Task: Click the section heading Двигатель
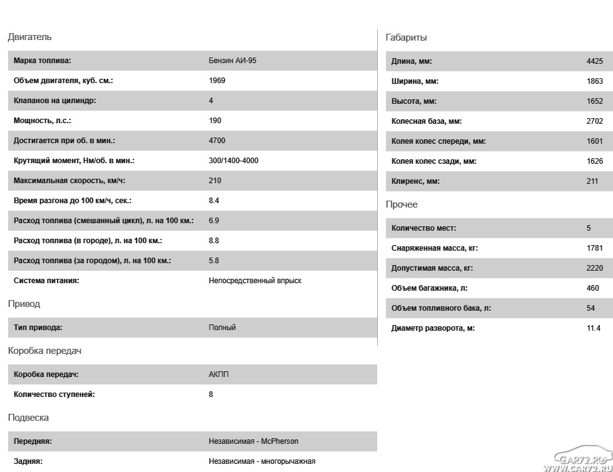[29, 38]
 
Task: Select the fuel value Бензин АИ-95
[233, 61]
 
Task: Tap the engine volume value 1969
[217, 81]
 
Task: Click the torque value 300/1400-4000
[233, 161]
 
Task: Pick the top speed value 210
[215, 181]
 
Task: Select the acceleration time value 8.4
[214, 201]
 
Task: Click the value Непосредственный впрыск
[255, 281]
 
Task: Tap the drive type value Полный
[222, 328]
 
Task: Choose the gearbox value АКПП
[219, 374]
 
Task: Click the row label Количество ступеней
[54, 394]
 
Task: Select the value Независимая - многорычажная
[262, 461]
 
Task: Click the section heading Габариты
[407, 38]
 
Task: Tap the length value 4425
[594, 61]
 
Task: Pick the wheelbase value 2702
[594, 121]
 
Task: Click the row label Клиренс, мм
[415, 181]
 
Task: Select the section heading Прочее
[402, 204]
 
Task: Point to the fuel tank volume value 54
[590, 308]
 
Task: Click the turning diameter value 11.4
[593, 328]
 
